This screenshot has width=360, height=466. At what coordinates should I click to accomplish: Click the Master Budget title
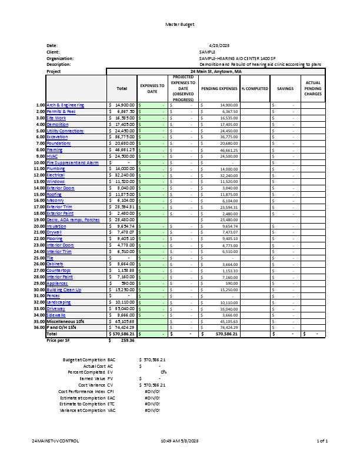point(179,24)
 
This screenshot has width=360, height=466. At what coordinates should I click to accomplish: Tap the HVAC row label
point(53,156)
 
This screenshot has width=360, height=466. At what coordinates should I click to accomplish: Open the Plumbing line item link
point(56,169)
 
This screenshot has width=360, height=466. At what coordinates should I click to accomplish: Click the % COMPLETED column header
point(255,89)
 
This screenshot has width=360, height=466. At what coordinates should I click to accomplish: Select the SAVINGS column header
point(285,89)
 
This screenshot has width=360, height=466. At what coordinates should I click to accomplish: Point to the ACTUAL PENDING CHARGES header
point(313,89)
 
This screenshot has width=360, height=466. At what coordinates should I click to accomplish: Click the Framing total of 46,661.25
point(122,149)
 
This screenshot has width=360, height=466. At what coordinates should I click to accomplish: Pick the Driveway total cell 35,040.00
point(122,308)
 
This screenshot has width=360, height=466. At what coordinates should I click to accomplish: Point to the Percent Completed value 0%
point(164,372)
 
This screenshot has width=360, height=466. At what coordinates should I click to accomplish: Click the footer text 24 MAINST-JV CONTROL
point(55,441)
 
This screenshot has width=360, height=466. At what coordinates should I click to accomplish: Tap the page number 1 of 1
point(322,441)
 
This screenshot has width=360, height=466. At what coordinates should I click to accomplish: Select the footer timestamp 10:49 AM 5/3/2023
point(180,441)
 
